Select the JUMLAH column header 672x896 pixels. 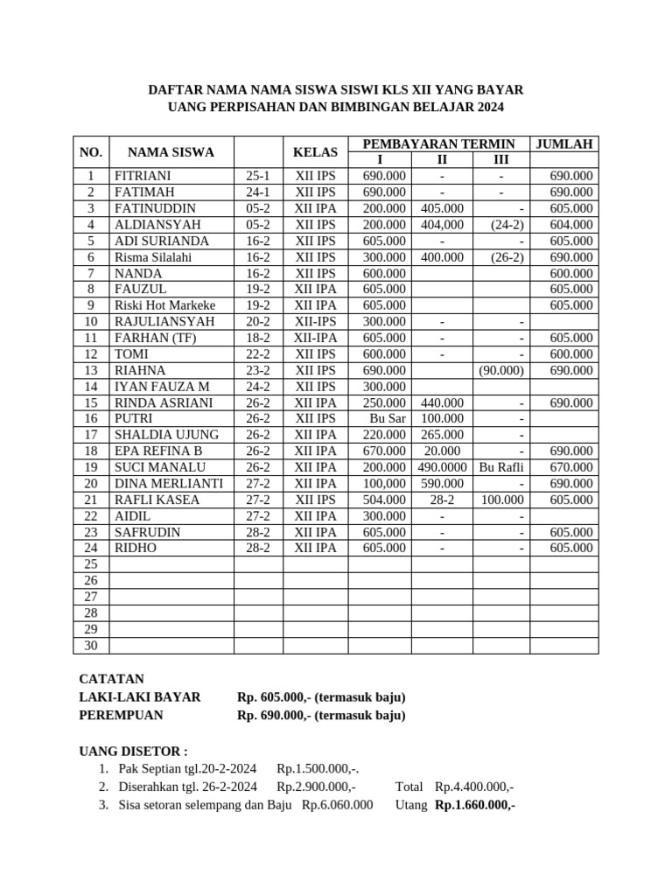pos(564,143)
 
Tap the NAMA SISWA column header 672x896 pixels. pos(171,152)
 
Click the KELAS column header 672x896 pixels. pos(315,152)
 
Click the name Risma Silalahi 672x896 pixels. pos(153,257)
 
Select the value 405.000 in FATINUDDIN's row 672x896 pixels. pos(442,208)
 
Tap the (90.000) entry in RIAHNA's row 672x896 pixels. pos(501,370)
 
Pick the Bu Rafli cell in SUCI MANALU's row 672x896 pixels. pos(501,467)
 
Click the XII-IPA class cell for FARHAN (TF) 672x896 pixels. pos(315,338)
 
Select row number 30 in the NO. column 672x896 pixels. pos(91,646)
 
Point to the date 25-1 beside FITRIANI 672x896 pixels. pos(258,176)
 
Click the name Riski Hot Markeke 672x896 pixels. pos(165,305)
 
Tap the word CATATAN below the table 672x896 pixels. pos(111,679)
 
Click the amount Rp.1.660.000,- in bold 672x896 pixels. pos(474,805)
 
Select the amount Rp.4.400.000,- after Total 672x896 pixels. pos(474,787)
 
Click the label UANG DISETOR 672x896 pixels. pos(133,751)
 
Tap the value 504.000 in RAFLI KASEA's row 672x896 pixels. pos(385,500)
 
